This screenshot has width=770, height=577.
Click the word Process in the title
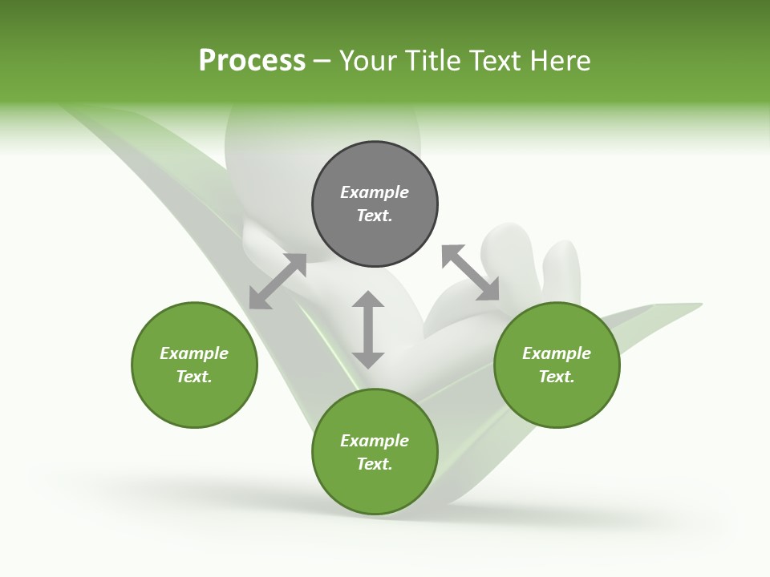coord(252,61)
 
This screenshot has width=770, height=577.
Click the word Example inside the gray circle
coord(375,192)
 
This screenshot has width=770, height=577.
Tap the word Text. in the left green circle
coord(194,377)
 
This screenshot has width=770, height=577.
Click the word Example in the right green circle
coord(557,353)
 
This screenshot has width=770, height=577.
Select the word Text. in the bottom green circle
coord(375,464)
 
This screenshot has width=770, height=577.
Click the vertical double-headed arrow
coord(368,329)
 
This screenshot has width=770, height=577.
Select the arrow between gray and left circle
coord(278,281)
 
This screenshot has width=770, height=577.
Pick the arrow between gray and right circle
coord(470,273)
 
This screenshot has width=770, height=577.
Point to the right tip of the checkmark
coord(698,305)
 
